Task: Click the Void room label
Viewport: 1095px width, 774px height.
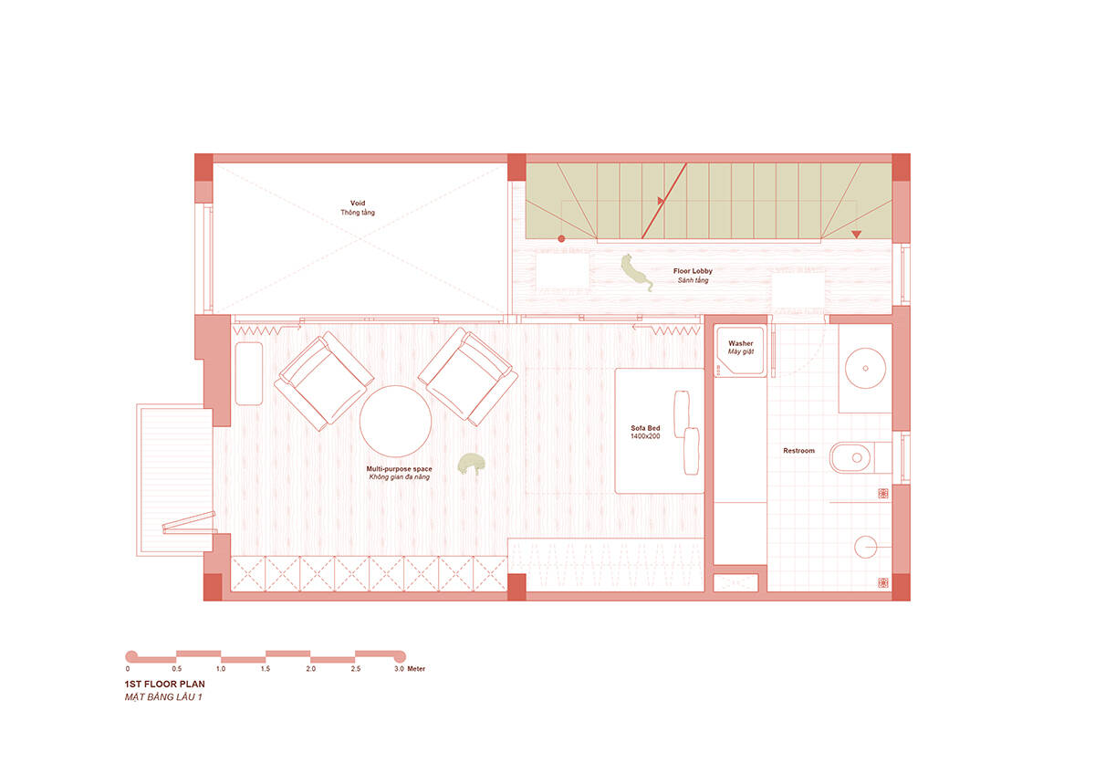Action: coord(358,203)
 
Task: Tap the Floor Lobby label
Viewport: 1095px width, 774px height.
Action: coord(693,271)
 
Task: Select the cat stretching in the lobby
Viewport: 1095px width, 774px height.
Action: coord(637,272)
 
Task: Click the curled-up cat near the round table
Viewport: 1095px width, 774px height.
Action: coord(471,464)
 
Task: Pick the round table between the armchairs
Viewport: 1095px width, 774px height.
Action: coord(395,421)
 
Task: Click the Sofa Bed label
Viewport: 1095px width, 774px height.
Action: coord(645,428)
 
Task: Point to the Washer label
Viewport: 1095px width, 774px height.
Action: coord(741,343)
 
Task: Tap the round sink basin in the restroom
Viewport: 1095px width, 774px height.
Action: coord(865,368)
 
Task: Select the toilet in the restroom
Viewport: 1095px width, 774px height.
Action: coord(860,457)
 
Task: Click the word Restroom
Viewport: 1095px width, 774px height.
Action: coord(798,450)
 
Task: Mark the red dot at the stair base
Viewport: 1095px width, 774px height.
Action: coord(561,238)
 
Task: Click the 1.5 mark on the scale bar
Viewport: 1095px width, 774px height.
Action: coord(265,668)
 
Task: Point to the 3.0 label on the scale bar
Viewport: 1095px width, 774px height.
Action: coord(399,668)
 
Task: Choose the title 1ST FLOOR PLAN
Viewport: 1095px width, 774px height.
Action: coord(165,684)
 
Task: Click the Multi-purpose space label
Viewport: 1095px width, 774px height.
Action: coord(399,469)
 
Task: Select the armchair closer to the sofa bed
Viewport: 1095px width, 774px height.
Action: coord(468,376)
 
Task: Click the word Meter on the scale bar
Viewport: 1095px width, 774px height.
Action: coord(416,668)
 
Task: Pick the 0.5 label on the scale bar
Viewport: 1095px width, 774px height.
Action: coord(176,668)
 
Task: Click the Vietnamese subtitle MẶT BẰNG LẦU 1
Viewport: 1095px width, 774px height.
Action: coord(163,696)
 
